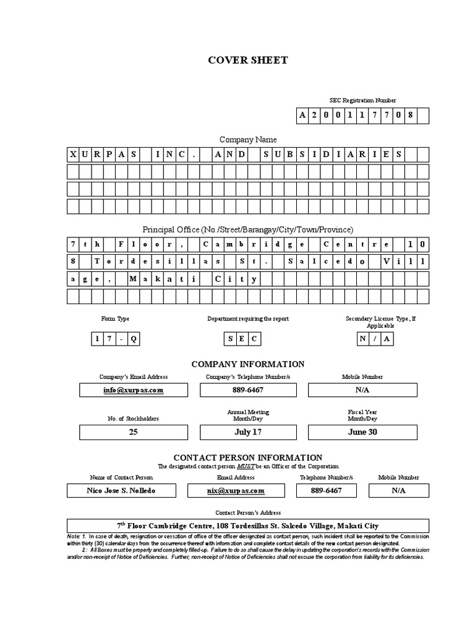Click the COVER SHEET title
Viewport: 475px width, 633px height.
(247, 61)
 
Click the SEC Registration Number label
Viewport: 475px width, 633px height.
(362, 100)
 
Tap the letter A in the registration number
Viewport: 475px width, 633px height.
(302, 116)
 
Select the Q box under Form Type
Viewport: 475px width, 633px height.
(134, 339)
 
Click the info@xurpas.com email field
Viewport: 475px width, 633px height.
(133, 390)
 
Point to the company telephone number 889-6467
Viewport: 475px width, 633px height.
(247, 390)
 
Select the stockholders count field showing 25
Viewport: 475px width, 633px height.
(133, 432)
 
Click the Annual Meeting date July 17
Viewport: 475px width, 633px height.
(247, 432)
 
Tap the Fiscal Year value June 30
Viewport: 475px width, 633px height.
(362, 432)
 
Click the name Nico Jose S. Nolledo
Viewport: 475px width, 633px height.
(121, 490)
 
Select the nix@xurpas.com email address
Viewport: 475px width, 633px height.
(236, 490)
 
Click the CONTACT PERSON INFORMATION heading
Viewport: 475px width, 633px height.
(247, 457)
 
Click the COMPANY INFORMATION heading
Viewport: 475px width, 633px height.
(247, 364)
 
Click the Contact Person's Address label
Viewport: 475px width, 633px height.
(247, 512)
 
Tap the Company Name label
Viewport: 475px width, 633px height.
(247, 140)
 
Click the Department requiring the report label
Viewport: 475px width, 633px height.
(247, 319)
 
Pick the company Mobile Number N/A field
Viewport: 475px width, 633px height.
(362, 390)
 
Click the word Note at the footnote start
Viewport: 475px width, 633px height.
(73, 535)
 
